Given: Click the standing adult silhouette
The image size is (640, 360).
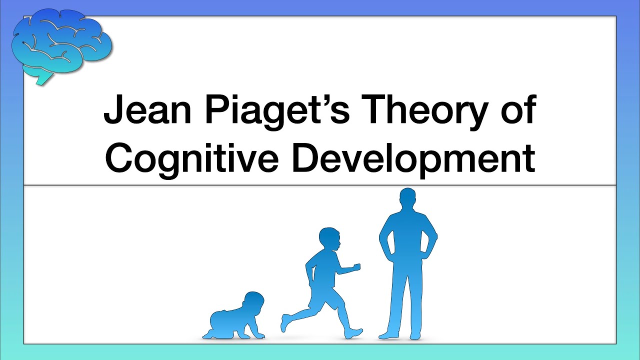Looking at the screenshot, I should coord(407,265).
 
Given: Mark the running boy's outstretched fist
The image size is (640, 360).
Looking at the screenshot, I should coord(356,267).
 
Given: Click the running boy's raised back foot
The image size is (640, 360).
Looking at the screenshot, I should coord(284,322).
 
